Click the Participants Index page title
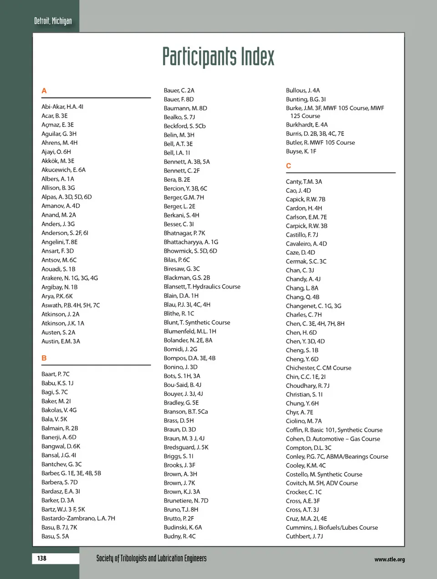(218, 57)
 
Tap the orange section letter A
(44, 91)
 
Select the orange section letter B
(44, 358)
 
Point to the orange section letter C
(289, 166)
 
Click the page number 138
(42, 558)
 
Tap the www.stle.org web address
(389, 559)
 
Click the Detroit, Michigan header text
(53, 21)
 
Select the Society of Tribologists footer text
(151, 559)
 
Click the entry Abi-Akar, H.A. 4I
(62, 107)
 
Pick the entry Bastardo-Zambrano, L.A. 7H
(78, 518)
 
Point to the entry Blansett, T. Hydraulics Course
(202, 287)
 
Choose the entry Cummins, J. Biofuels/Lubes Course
(332, 528)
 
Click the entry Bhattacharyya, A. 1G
(191, 242)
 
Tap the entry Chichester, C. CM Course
(319, 368)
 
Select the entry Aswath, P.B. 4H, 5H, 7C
(71, 305)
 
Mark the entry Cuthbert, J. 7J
(305, 536)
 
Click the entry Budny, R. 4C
(180, 536)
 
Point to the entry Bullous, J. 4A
(303, 90)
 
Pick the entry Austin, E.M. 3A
(61, 341)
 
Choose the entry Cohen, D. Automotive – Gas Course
(333, 439)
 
